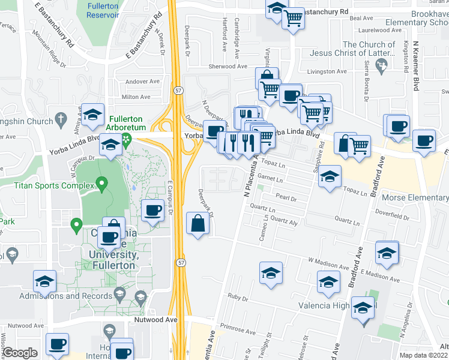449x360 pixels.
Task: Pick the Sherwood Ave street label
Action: tap(228, 67)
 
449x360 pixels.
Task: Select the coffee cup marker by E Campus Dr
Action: tap(153, 210)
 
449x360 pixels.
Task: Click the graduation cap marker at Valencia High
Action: tap(363, 310)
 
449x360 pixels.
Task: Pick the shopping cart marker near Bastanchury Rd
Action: tap(293, 18)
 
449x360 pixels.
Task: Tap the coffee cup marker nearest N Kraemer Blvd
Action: tap(424, 140)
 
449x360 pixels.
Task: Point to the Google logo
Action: tap(20, 353)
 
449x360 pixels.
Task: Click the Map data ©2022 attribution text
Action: tap(423, 355)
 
